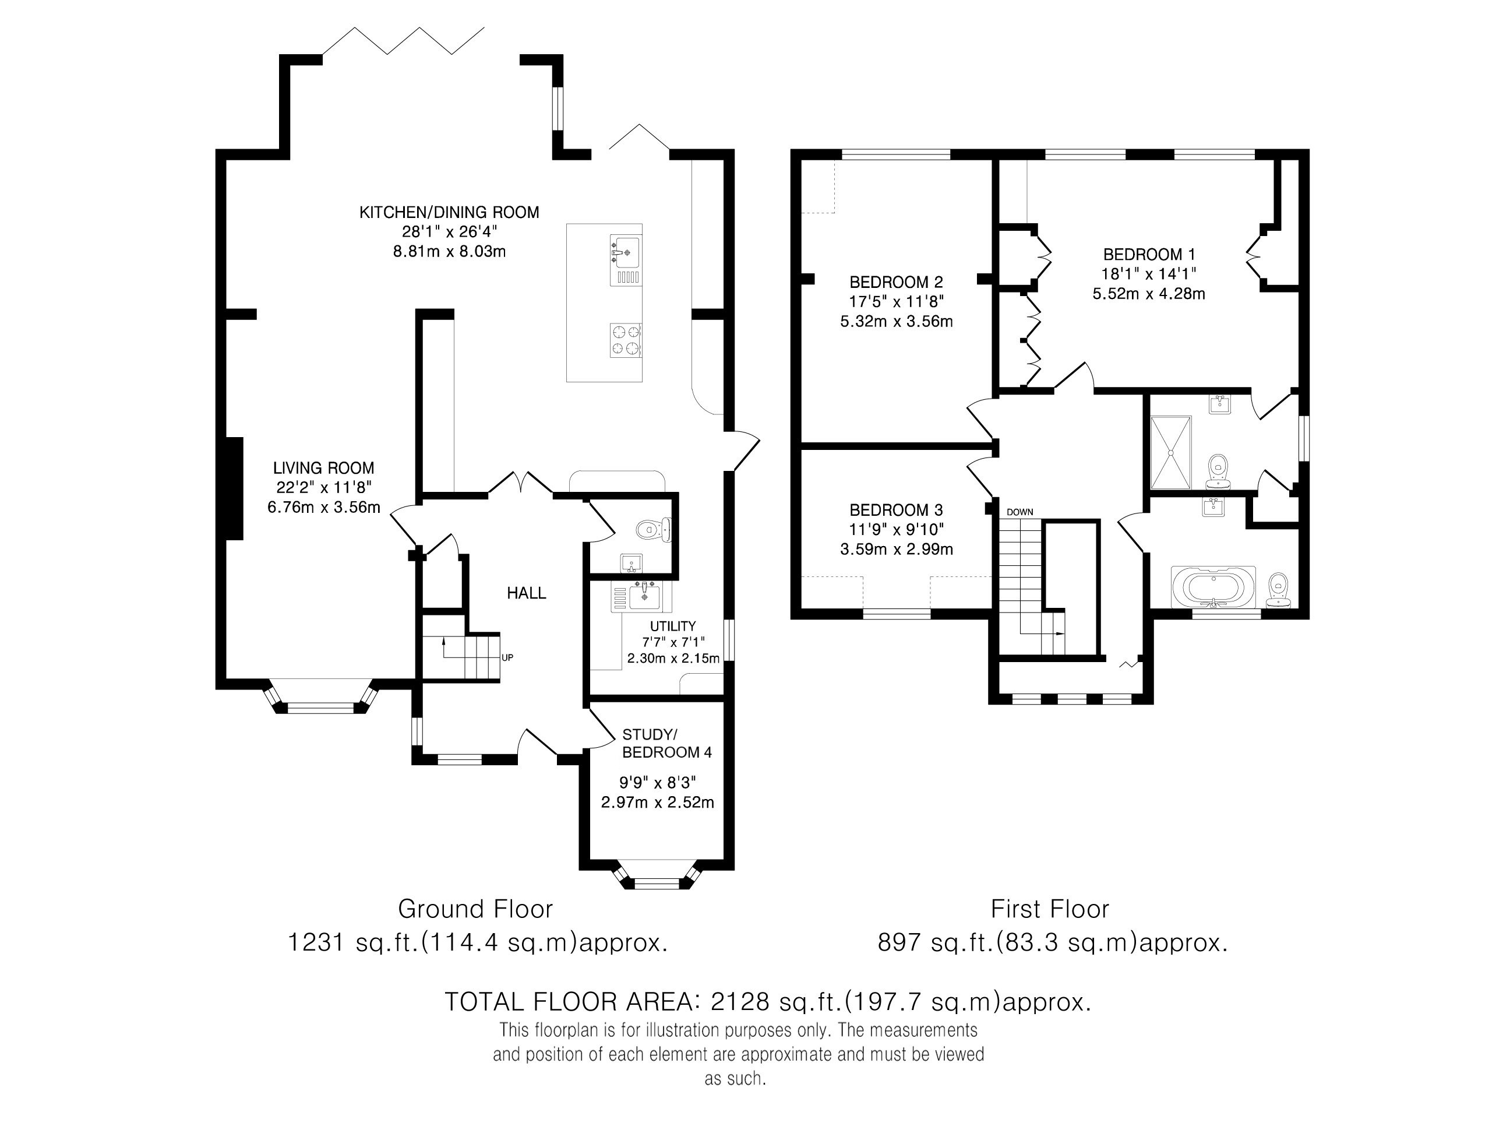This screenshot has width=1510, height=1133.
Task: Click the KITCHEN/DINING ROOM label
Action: (x=449, y=212)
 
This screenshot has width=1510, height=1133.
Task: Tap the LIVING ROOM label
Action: (x=323, y=469)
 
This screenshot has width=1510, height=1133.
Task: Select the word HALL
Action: (x=526, y=593)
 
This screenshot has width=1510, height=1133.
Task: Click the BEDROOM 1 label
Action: (x=1149, y=255)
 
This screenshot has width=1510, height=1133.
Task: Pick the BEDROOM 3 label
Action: (x=897, y=510)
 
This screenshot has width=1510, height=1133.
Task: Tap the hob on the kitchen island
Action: (x=625, y=340)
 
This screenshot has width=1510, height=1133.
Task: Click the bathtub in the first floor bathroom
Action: (x=1213, y=587)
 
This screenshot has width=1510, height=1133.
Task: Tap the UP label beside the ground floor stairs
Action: (x=507, y=657)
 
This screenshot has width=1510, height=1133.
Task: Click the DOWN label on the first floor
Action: (x=1020, y=512)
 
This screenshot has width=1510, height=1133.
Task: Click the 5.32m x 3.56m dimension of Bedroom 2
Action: (x=897, y=321)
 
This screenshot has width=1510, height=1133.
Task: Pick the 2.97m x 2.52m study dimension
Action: (x=657, y=802)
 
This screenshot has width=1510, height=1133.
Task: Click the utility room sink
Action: (x=643, y=596)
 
